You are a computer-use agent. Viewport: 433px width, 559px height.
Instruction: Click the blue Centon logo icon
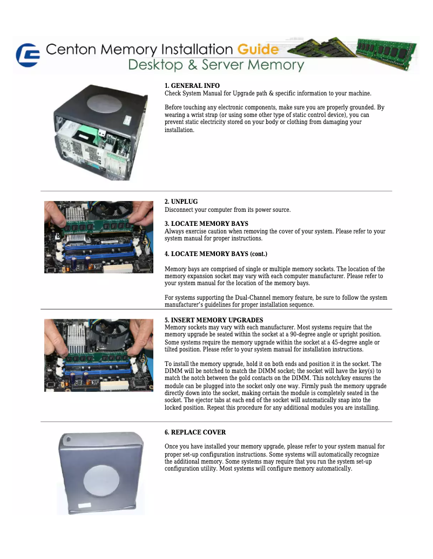(x=27, y=55)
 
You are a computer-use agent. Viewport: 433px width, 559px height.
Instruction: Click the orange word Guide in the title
(x=258, y=50)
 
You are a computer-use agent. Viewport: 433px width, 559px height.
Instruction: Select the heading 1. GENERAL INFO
(x=192, y=86)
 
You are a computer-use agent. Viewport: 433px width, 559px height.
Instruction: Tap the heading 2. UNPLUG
(x=181, y=202)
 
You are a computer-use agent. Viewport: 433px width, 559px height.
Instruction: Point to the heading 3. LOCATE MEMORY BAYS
(x=206, y=224)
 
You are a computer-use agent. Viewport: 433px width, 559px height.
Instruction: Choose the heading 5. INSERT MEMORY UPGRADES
(x=214, y=320)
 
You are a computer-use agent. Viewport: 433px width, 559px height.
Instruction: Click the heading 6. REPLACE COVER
(x=195, y=432)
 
